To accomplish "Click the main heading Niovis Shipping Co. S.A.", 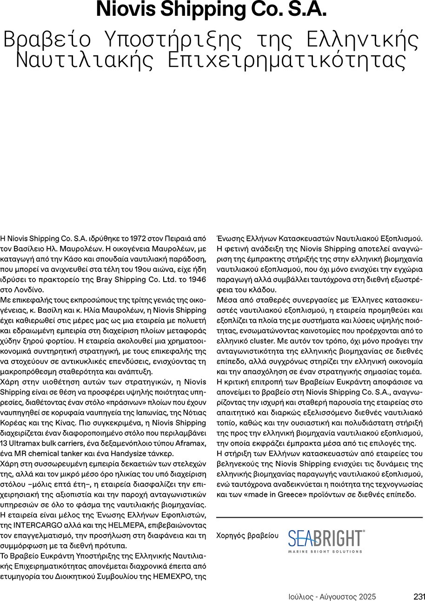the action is pos(212,9).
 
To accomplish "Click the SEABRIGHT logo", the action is pos(326,541).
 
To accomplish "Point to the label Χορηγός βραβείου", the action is pos(247,535).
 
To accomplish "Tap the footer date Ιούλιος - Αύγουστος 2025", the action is pos(331,597).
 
